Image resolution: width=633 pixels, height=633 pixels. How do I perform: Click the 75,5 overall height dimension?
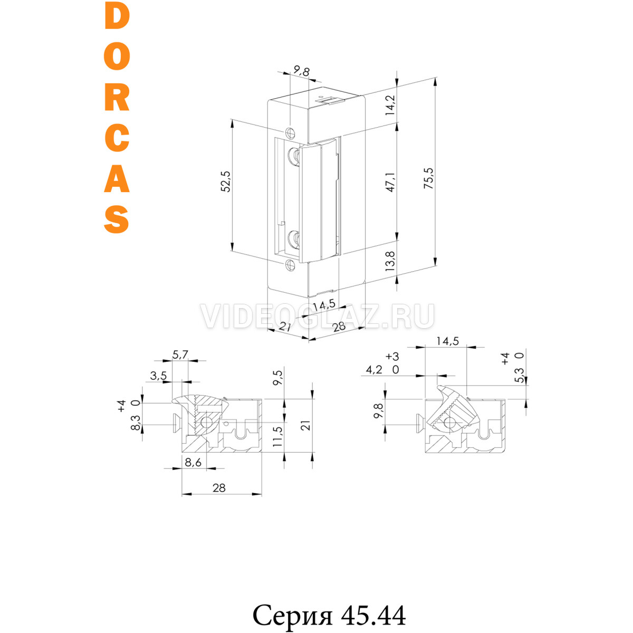[429, 178]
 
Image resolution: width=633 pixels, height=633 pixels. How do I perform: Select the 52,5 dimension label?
[226, 181]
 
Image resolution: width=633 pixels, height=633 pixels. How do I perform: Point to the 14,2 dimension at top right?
[390, 105]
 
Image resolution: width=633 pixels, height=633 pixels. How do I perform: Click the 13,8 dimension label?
[390, 261]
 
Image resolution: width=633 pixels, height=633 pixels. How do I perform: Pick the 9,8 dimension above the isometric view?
[301, 71]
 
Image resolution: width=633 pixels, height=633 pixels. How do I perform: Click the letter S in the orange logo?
[117, 219]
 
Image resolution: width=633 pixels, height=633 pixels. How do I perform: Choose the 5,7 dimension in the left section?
[180, 354]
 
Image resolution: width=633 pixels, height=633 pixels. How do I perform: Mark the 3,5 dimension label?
[159, 376]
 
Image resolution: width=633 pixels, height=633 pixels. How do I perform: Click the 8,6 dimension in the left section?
[193, 463]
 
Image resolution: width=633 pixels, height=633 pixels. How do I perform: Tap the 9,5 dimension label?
[277, 378]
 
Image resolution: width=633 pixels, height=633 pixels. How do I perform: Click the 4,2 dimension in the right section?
[374, 370]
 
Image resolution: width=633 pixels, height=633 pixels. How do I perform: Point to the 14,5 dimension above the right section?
[447, 341]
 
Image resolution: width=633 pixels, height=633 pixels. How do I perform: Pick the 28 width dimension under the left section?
[219, 488]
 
